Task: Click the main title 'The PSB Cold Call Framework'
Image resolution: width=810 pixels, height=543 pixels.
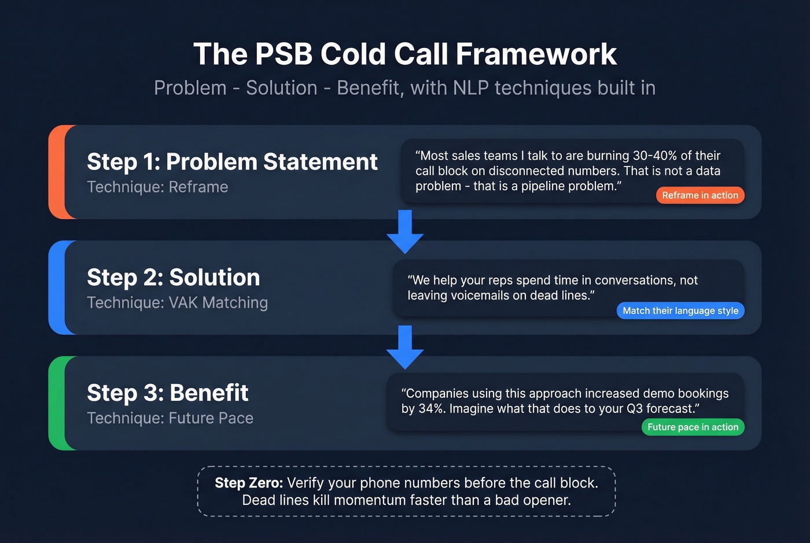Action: (x=405, y=54)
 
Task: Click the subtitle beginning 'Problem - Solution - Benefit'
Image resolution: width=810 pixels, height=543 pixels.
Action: (x=405, y=88)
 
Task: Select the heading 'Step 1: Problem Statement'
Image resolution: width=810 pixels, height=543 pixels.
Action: (x=232, y=162)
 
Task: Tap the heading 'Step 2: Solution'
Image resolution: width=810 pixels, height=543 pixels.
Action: (x=174, y=278)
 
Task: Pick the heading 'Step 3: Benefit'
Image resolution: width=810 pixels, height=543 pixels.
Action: (x=168, y=393)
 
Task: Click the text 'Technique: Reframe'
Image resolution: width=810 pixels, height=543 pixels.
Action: (x=157, y=187)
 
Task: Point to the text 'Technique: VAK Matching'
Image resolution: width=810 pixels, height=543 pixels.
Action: (x=177, y=303)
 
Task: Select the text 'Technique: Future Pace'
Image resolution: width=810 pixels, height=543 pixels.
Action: (x=170, y=419)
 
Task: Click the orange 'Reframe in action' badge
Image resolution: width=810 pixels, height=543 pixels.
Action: (x=700, y=195)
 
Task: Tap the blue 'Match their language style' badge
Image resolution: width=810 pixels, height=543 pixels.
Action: (x=680, y=311)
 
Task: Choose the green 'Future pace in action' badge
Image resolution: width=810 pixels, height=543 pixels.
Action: (x=693, y=427)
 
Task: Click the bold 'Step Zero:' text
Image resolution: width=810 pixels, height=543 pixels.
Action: (x=249, y=483)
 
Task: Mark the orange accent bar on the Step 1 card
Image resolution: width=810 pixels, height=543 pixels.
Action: (x=57, y=172)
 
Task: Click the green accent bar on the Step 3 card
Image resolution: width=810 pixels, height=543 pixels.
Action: (x=57, y=403)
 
